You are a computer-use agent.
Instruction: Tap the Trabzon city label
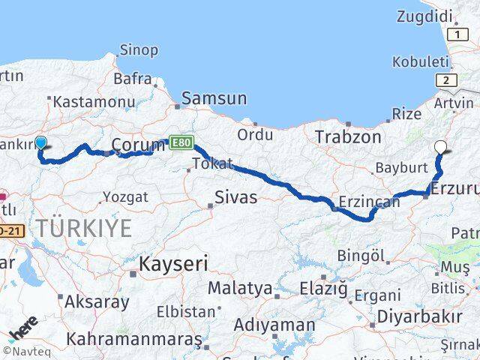click(x=343, y=137)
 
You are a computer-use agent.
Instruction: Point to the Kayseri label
click(x=173, y=263)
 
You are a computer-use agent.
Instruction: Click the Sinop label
click(x=139, y=50)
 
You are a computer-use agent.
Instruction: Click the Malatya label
click(x=240, y=287)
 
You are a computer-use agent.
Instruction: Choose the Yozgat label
click(x=124, y=197)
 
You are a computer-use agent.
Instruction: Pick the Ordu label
click(x=255, y=135)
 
